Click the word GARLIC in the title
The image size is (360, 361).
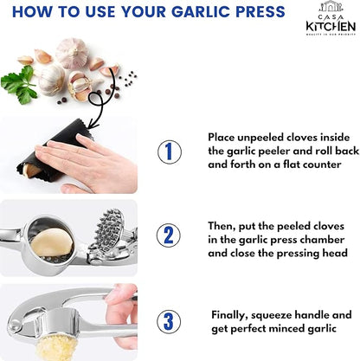195,12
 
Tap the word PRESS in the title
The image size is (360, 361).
256,12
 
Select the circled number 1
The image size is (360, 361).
169,151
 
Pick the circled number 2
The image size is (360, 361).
169,235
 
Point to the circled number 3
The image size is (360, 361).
169,320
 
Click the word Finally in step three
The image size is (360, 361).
233,315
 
